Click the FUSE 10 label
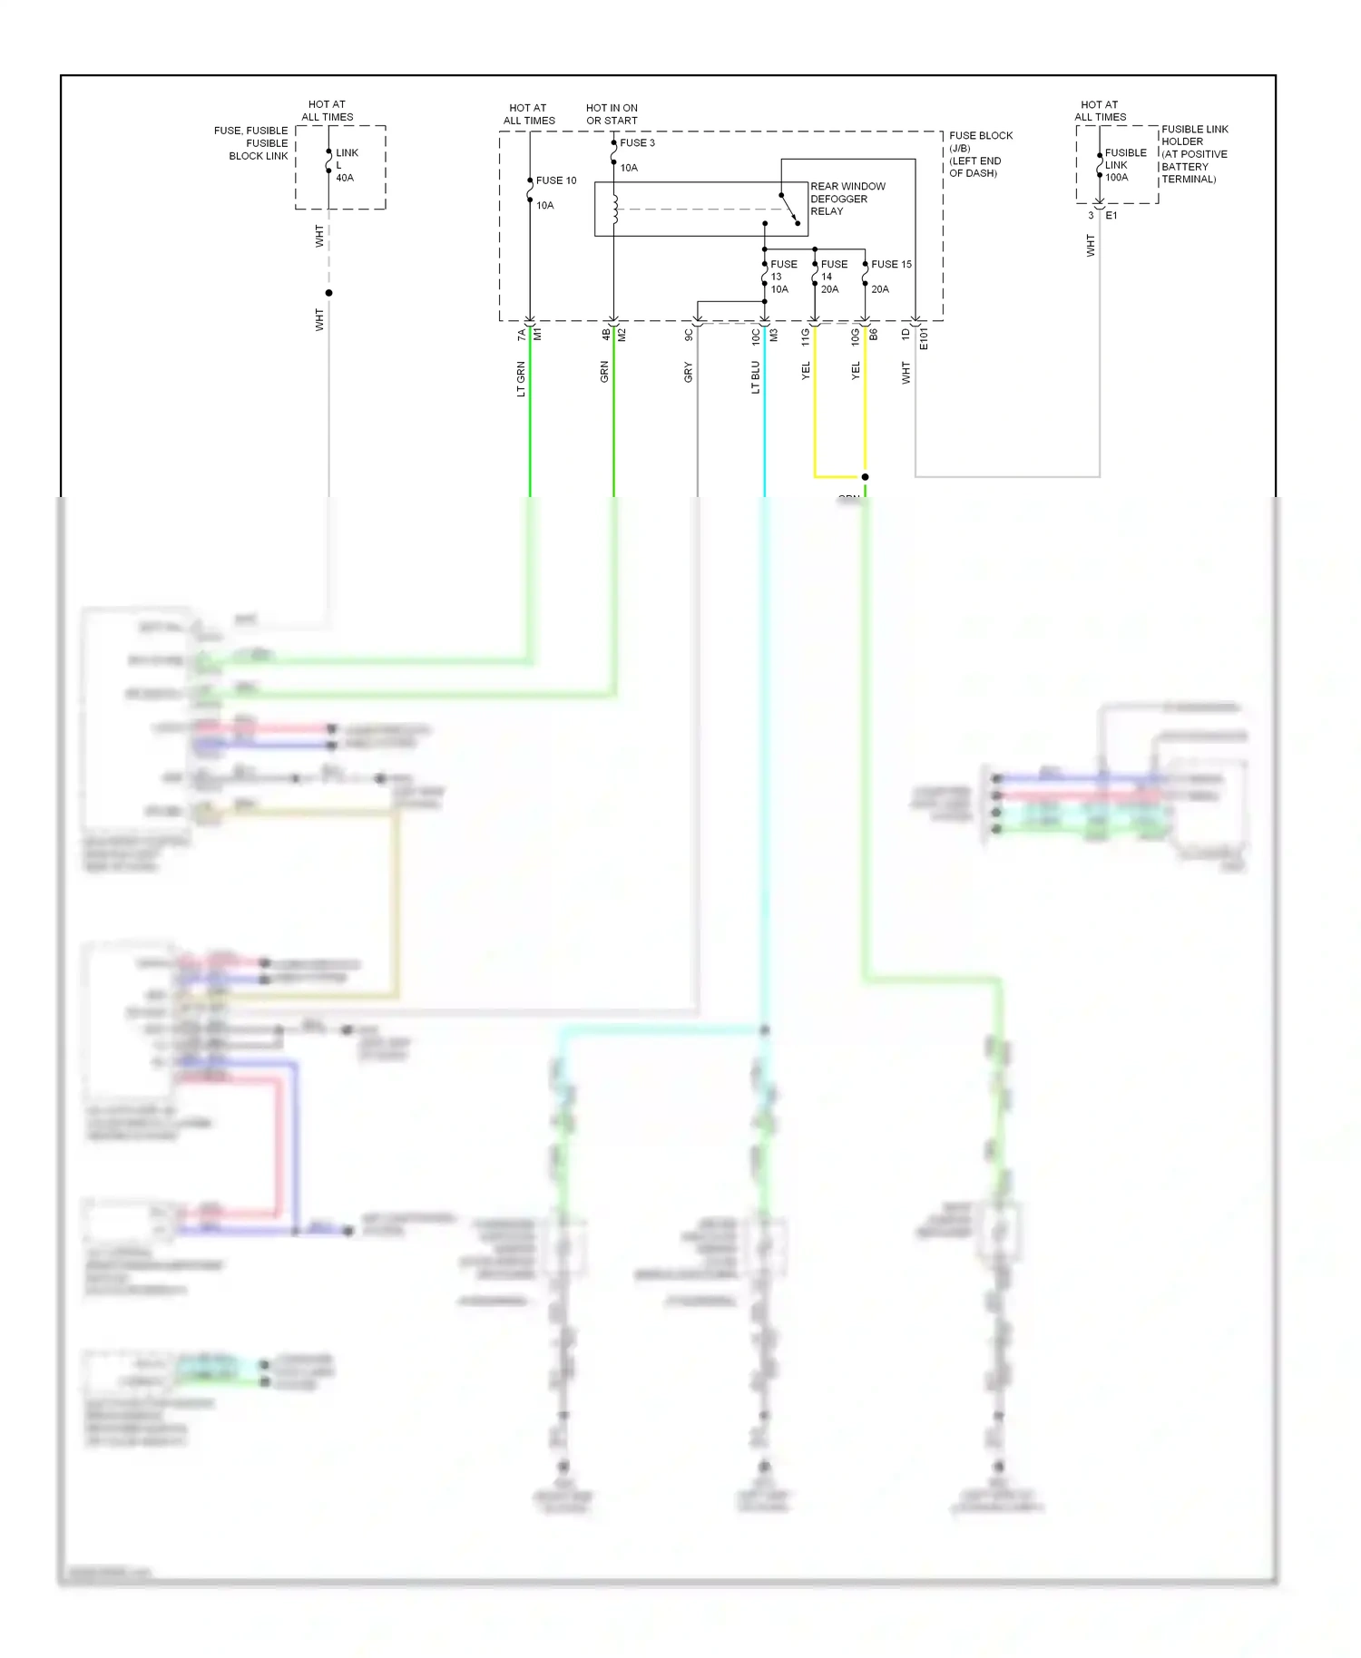(x=555, y=180)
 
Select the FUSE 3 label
(x=637, y=143)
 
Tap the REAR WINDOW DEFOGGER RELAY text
(x=847, y=199)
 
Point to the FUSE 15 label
(x=891, y=265)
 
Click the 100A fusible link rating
(x=1116, y=178)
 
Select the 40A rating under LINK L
(x=345, y=178)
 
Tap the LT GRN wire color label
(x=521, y=379)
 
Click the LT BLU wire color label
(x=755, y=377)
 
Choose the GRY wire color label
(x=688, y=372)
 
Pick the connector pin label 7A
(x=521, y=335)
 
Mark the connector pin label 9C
(x=688, y=335)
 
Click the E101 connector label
(x=924, y=339)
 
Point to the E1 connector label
(x=1111, y=216)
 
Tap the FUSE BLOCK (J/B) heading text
(x=980, y=141)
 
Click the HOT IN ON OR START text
(x=612, y=114)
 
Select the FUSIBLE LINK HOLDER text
(x=1194, y=135)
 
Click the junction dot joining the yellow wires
(x=865, y=477)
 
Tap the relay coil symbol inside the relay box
(x=615, y=210)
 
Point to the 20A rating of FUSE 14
(x=829, y=289)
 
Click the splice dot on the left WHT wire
(x=328, y=293)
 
